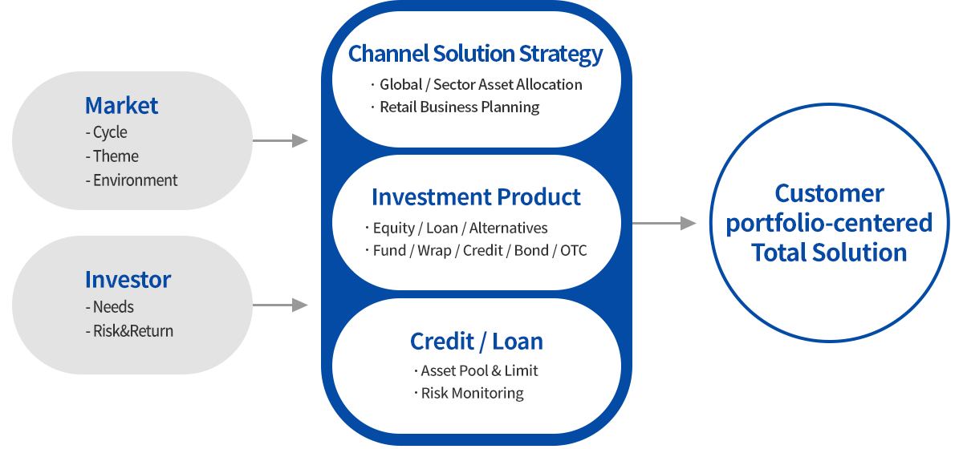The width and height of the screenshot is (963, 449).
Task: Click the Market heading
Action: coord(121,105)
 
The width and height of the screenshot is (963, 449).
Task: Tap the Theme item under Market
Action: coord(112,156)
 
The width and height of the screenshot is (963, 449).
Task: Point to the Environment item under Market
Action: coord(132,180)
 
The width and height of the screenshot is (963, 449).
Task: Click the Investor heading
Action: coord(128,279)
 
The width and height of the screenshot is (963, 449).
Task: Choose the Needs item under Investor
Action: coord(110,307)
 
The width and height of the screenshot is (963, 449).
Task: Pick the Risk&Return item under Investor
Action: coord(129,331)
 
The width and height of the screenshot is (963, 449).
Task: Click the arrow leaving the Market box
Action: coord(279,141)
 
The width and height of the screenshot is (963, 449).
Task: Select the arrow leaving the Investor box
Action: coord(279,305)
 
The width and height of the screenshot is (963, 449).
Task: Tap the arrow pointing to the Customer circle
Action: coord(664,223)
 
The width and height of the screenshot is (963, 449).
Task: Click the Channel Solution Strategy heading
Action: coord(475,54)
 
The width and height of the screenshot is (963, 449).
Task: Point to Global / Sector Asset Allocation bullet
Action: coord(480,84)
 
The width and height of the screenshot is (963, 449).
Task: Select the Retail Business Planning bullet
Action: coord(459,107)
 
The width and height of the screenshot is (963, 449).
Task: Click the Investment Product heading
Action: coord(476,196)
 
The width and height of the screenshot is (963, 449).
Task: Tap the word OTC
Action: coord(574,251)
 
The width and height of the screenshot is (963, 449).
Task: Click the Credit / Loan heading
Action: coord(476,341)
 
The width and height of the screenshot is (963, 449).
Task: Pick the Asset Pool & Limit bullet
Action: coord(479,370)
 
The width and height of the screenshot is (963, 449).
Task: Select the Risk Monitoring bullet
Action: coord(472,394)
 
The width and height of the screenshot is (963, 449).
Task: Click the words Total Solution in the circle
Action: coord(829,253)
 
